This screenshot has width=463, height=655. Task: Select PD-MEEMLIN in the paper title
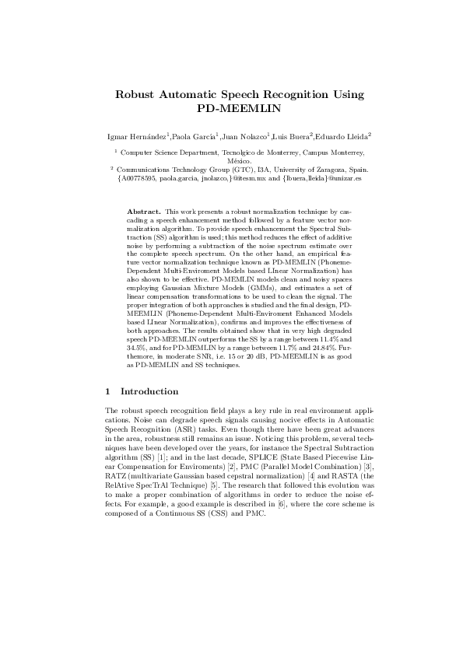tap(231, 110)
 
